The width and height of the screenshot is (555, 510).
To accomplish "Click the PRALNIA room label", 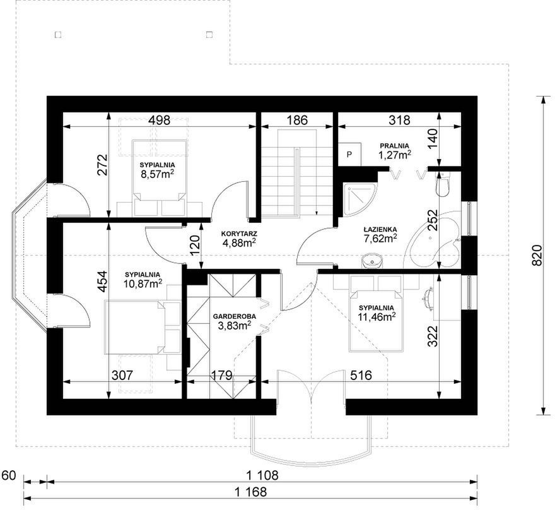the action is pyautogui.click(x=394, y=146).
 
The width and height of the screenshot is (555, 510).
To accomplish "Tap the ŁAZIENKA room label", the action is pyautogui.click(x=380, y=230).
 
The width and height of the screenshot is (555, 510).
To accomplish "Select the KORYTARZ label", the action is pyautogui.click(x=239, y=234).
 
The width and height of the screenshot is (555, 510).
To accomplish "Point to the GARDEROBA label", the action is pyautogui.click(x=235, y=317).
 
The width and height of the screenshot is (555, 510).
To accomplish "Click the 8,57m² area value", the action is pyautogui.click(x=157, y=174).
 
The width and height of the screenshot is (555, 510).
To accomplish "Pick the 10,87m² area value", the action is pyautogui.click(x=143, y=283).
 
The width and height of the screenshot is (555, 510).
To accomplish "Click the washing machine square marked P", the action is pyautogui.click(x=349, y=155).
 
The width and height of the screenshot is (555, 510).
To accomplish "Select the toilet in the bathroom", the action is pyautogui.click(x=443, y=184).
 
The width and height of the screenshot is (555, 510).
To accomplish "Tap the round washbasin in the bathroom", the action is pyautogui.click(x=372, y=261).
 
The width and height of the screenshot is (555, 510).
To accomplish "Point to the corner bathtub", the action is pyautogui.click(x=435, y=241).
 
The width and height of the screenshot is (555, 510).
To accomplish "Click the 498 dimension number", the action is pyautogui.click(x=159, y=120).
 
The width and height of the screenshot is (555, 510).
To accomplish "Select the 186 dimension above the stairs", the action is pyautogui.click(x=296, y=120).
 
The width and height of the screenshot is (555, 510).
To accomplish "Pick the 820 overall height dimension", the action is pyautogui.click(x=537, y=255).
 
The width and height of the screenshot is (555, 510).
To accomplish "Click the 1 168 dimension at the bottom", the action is pyautogui.click(x=250, y=492).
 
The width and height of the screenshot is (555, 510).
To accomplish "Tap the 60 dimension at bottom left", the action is pyautogui.click(x=9, y=475).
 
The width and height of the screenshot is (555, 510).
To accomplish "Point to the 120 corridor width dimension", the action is pyautogui.click(x=195, y=245).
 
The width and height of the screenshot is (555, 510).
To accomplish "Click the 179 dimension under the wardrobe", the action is pyautogui.click(x=221, y=375).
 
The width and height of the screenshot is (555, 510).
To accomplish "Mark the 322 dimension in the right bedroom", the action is pyautogui.click(x=433, y=336).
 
